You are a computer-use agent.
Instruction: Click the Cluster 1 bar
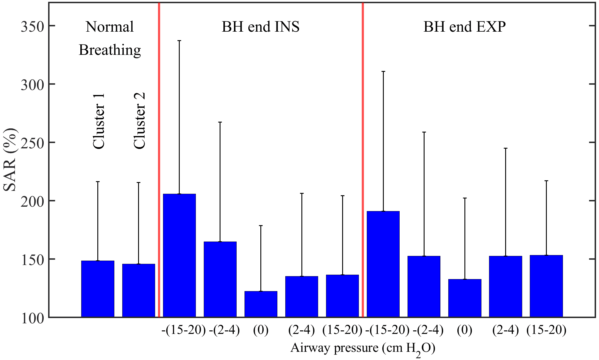(x=98, y=289)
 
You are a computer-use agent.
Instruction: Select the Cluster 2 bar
(x=138, y=290)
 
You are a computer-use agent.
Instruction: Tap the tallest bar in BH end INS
(x=179, y=255)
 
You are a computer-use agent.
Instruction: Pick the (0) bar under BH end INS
(x=261, y=304)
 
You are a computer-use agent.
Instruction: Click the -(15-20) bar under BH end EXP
(x=383, y=264)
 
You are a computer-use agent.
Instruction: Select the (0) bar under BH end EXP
(x=465, y=298)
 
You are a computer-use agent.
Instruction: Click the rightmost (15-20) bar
(x=546, y=286)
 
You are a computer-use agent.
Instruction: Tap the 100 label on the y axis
(x=32, y=318)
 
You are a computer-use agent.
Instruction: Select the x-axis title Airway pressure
(x=363, y=348)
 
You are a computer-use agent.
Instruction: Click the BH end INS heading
(x=260, y=27)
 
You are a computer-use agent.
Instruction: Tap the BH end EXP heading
(x=464, y=27)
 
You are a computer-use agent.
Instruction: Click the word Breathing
(x=110, y=50)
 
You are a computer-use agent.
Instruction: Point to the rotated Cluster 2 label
(x=139, y=120)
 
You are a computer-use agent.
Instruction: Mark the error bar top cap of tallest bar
(x=179, y=41)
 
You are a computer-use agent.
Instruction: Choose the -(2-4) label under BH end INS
(x=224, y=330)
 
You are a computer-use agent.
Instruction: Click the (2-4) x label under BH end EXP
(x=505, y=330)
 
